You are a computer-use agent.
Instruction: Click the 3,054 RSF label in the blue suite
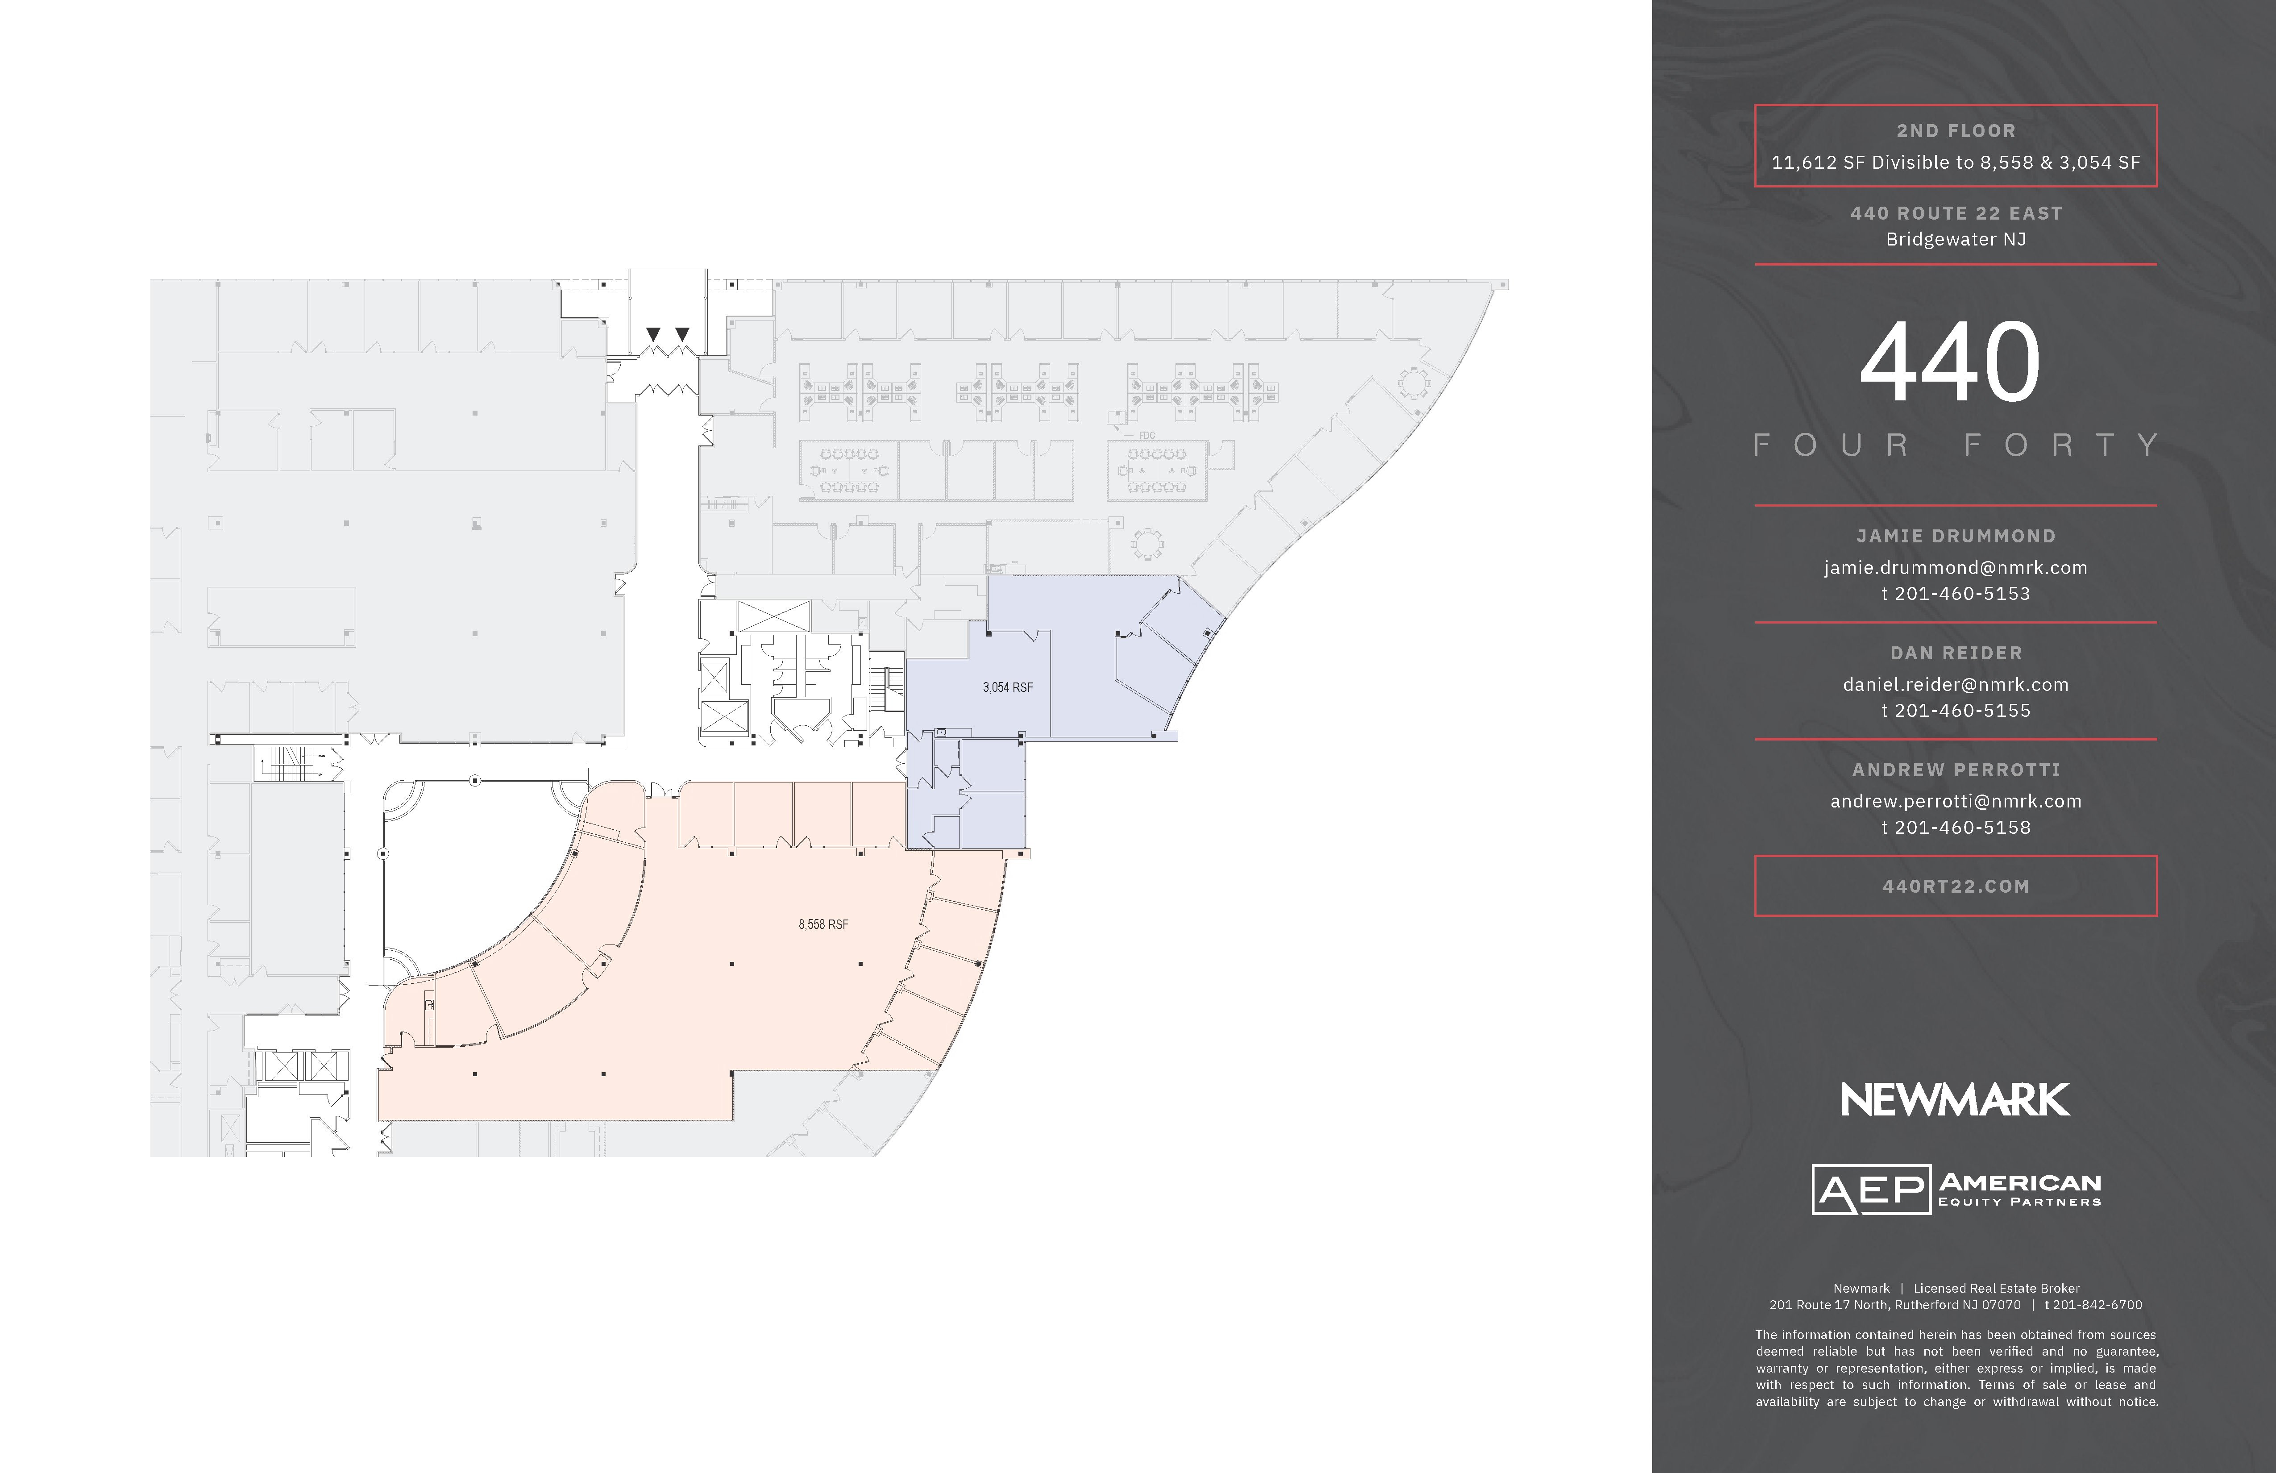pos(1008,687)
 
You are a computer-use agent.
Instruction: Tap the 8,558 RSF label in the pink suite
pos(823,924)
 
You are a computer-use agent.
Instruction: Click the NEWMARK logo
pos(1956,1100)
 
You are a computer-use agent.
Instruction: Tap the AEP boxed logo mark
pos(1870,1189)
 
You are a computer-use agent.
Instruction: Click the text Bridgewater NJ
pos(1956,239)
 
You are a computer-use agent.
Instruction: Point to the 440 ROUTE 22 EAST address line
pos(1956,213)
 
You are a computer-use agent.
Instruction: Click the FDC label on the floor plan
pos(1146,435)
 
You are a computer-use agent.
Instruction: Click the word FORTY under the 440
pos(2061,445)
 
